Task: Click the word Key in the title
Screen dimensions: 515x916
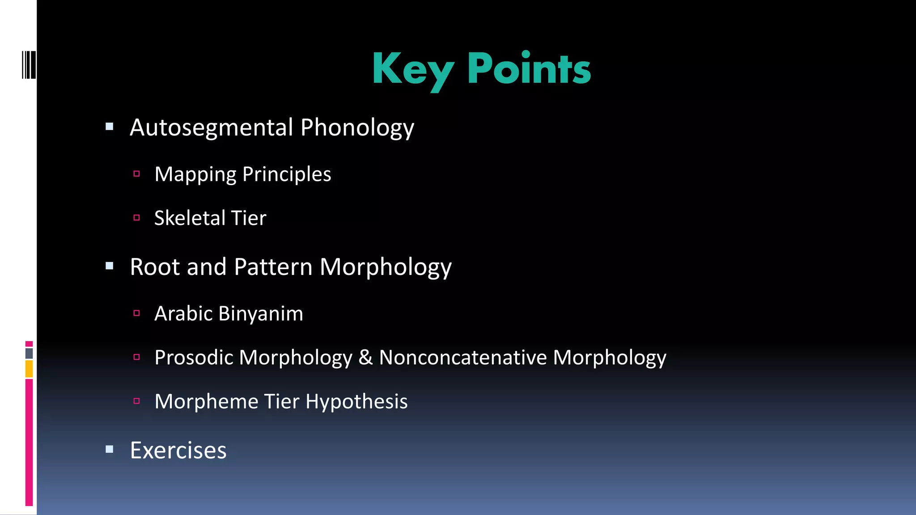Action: click(x=412, y=69)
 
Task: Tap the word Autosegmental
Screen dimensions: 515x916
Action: click(x=211, y=128)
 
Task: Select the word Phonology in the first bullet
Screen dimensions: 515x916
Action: click(x=357, y=128)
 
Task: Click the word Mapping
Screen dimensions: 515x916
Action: click(x=195, y=174)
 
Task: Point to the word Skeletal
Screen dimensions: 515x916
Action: click(x=190, y=218)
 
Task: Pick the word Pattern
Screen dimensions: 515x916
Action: click(x=273, y=267)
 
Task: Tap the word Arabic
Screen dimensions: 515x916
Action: click(x=183, y=313)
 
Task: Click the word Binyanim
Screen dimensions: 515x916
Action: click(x=261, y=313)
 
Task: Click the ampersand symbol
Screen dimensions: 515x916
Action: click(x=365, y=357)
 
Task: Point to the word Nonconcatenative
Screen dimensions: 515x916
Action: click(x=463, y=357)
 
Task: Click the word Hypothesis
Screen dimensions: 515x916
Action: click(x=356, y=401)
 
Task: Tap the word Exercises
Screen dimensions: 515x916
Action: click(x=178, y=450)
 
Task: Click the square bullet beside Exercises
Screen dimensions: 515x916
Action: click(x=110, y=449)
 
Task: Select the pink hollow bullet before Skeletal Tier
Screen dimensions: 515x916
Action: click(x=137, y=218)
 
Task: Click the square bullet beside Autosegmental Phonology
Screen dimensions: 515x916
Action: click(x=110, y=127)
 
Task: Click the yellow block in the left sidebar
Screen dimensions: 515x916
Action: click(x=29, y=369)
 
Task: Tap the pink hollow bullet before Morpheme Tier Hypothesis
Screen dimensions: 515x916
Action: click(x=137, y=401)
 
